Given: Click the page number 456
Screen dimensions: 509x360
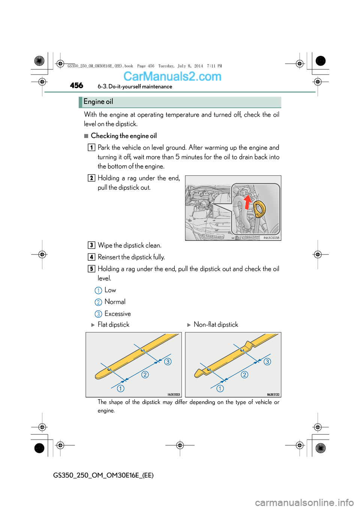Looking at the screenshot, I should tap(76, 85).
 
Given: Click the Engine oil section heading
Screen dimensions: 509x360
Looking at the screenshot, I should tap(98, 102).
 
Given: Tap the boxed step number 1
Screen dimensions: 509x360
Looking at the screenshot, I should tap(91, 148).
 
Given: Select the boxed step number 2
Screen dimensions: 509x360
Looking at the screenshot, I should tap(91, 178).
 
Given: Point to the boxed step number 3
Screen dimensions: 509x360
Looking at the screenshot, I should tap(91, 246).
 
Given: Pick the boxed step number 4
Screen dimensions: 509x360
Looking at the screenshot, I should tap(91, 257).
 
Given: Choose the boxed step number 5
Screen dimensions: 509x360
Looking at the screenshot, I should tap(91, 269).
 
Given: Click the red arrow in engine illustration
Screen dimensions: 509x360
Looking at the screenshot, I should tap(247, 202).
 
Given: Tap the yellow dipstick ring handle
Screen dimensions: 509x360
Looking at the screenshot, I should tap(259, 208).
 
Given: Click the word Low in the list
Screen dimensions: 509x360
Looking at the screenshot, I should tap(110, 290).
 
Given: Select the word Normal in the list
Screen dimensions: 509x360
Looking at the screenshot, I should tap(115, 302).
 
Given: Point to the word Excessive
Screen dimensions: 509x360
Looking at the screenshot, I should tap(117, 314).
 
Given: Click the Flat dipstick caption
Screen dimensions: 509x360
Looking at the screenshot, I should tap(113, 325).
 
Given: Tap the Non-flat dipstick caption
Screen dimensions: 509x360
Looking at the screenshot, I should tap(216, 325).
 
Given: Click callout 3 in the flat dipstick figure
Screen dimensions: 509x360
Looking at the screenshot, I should tap(168, 361).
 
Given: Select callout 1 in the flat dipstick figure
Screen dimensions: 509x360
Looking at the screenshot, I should tap(120, 388).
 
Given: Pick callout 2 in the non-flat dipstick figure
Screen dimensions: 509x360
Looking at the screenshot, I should tap(244, 374).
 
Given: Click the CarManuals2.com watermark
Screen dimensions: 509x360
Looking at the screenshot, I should tap(172, 76).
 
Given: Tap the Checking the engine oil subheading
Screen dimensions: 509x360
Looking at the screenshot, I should tap(124, 136).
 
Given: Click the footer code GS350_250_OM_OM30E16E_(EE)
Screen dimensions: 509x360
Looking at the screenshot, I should tap(103, 475).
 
